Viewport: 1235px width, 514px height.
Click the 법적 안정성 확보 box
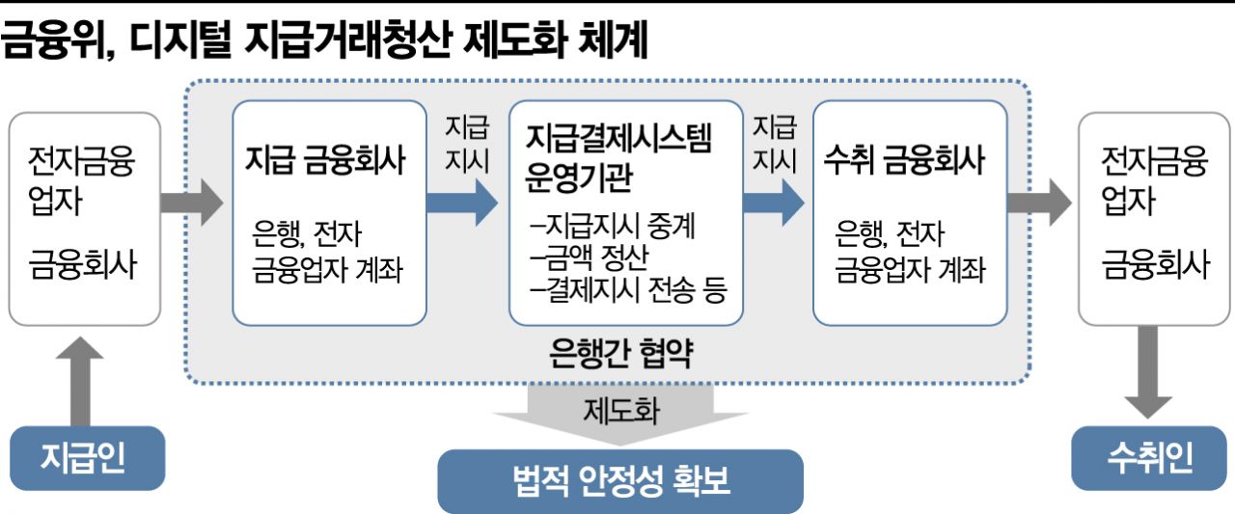(620, 480)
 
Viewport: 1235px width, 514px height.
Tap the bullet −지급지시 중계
(612, 229)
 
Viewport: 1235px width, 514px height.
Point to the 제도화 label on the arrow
(620, 412)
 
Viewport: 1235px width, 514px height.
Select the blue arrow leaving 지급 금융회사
(464, 203)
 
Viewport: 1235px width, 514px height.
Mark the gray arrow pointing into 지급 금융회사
(191, 203)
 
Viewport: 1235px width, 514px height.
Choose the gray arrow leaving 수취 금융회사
(1038, 203)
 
